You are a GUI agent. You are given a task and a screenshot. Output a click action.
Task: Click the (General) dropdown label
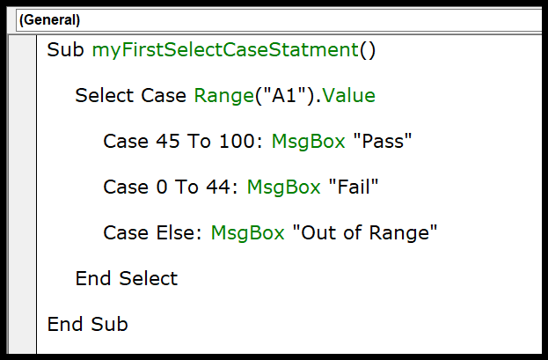click(x=49, y=20)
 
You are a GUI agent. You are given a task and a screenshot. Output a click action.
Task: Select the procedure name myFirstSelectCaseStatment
click(x=225, y=50)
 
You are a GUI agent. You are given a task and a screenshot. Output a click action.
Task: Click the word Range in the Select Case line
click(x=224, y=96)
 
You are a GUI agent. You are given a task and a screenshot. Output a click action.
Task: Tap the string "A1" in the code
click(x=285, y=95)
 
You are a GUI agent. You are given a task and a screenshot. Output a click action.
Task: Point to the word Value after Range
click(x=349, y=96)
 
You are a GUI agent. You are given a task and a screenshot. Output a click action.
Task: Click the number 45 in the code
click(x=168, y=142)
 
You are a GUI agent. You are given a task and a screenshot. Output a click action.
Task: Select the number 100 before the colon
click(x=237, y=142)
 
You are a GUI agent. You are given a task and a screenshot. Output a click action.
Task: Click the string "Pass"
click(x=383, y=141)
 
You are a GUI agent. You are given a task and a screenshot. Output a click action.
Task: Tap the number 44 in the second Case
click(x=218, y=187)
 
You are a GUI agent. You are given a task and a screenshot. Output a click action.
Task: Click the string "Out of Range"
click(x=364, y=232)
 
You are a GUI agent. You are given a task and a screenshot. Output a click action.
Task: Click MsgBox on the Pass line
click(x=308, y=142)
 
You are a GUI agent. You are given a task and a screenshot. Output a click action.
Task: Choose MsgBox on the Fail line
click(x=283, y=187)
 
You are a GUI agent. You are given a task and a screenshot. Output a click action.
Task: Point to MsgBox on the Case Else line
click(x=247, y=233)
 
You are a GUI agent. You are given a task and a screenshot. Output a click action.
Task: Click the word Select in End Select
click(x=149, y=278)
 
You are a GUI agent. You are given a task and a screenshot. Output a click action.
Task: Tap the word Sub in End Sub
click(x=109, y=324)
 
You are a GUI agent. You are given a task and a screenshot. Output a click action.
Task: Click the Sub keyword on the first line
click(x=65, y=49)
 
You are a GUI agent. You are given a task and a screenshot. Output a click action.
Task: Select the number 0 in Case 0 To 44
click(x=162, y=187)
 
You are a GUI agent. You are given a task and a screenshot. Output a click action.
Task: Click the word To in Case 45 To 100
click(x=199, y=142)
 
